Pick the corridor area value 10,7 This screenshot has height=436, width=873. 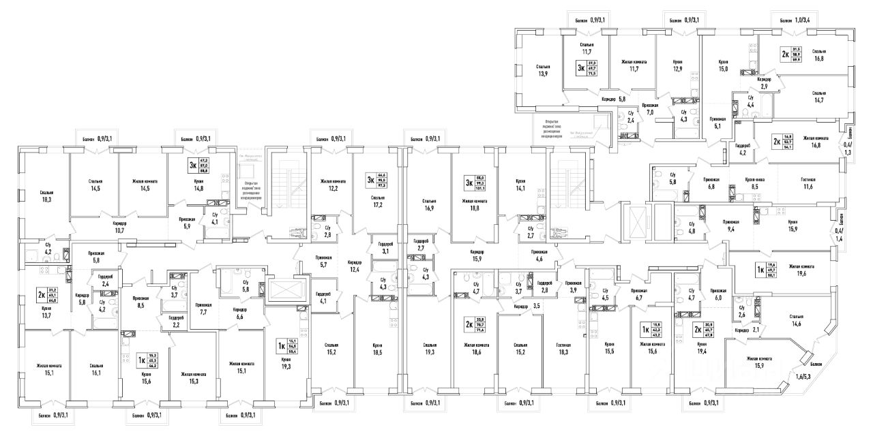click(x=119, y=230)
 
